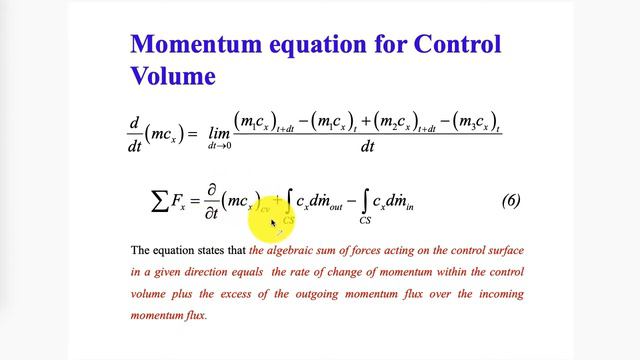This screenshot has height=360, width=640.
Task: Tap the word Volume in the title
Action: pyautogui.click(x=173, y=75)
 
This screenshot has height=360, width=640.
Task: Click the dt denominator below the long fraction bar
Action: pyautogui.click(x=367, y=146)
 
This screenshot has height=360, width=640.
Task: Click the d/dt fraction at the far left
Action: pyautogui.click(x=136, y=134)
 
